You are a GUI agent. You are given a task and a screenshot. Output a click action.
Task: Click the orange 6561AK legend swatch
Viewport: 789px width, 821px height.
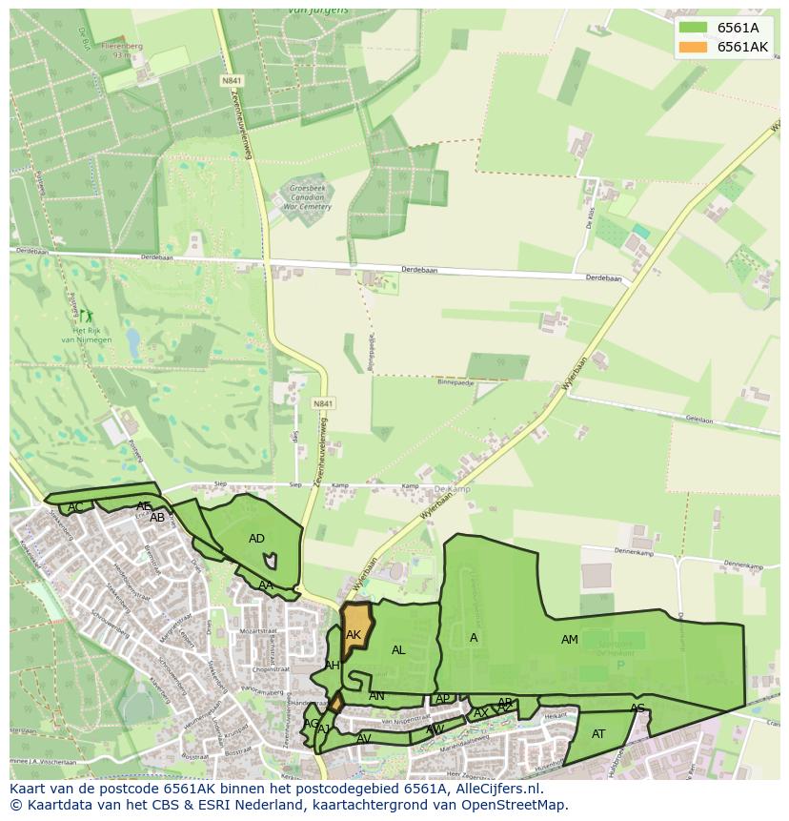coord(694,47)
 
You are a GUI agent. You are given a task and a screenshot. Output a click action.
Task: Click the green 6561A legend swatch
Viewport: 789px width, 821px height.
coord(694,28)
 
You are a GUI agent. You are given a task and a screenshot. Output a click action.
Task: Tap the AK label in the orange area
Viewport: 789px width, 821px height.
coord(354,635)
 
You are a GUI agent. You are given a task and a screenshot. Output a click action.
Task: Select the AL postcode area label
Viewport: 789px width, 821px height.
coord(398,650)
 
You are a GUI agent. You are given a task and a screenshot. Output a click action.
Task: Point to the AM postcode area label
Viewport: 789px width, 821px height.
coord(570,640)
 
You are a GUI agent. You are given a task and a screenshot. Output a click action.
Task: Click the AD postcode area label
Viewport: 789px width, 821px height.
coord(256,539)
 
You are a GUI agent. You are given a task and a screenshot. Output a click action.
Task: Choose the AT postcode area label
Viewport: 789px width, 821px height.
coord(598,734)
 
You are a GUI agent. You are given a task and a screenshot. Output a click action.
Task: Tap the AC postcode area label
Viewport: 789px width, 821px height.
coord(76,506)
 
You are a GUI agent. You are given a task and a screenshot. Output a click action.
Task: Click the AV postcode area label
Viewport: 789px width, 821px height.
coord(364,739)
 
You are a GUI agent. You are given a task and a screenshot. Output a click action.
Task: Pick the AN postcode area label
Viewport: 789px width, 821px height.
coord(376,696)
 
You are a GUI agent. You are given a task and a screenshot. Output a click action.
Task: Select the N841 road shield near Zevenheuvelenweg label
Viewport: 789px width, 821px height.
coord(322,404)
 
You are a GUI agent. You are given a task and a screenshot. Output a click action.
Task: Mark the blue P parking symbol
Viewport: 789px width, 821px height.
coord(620,665)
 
